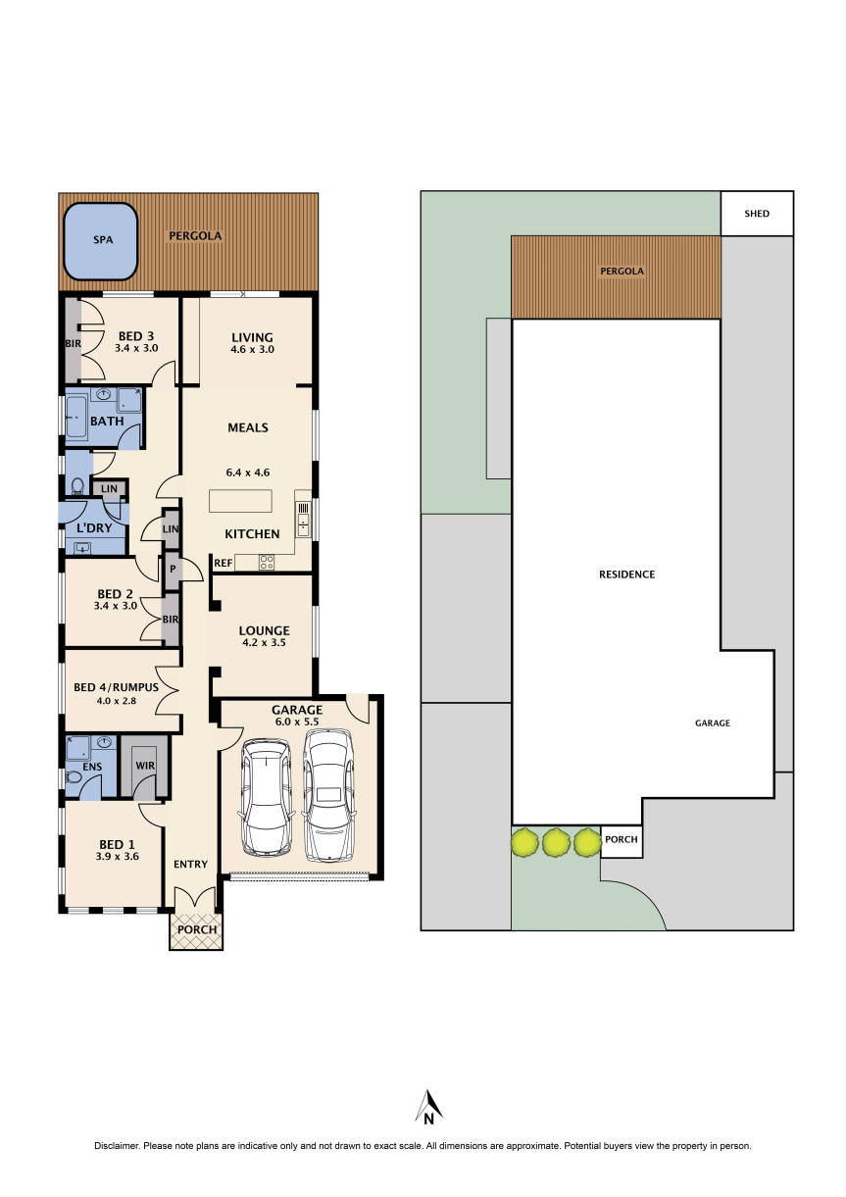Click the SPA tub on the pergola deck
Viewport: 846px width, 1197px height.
tap(101, 240)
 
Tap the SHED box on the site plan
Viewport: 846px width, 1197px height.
tap(756, 214)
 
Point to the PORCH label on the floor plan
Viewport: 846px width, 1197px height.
tap(197, 929)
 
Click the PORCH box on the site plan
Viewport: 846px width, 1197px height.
tap(621, 840)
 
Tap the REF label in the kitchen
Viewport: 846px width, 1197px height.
tap(223, 564)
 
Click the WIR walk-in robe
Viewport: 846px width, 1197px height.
tap(144, 765)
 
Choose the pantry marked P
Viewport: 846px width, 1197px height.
tap(173, 569)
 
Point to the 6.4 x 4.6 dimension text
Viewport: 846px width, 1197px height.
tap(247, 472)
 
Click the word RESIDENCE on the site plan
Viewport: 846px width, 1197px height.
tap(626, 574)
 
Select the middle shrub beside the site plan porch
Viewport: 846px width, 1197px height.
tap(556, 841)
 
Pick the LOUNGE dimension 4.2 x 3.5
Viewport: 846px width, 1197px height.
tap(262, 644)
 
